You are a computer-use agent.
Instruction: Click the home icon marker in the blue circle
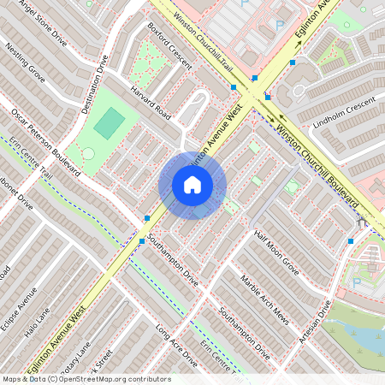192,185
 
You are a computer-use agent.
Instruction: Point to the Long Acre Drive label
176,346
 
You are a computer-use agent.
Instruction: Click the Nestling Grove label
26,65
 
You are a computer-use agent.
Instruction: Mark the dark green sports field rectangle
109,125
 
